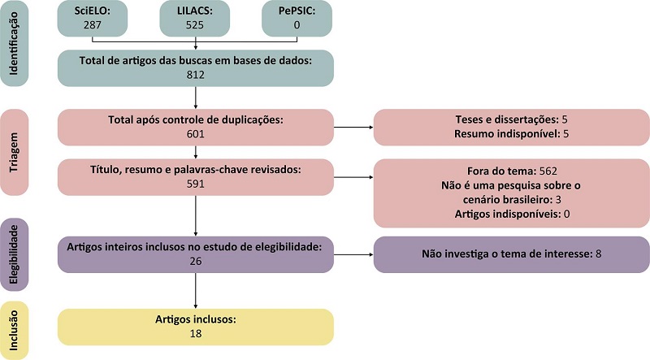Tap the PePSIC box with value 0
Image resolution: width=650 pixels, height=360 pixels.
pyautogui.click(x=297, y=19)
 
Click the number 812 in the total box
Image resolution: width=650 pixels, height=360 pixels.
pyautogui.click(x=196, y=75)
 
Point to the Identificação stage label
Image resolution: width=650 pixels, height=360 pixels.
pyautogui.click(x=15, y=44)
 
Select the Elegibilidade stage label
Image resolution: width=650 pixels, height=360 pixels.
pyautogui.click(x=15, y=254)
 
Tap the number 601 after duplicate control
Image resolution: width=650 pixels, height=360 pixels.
pyautogui.click(x=196, y=134)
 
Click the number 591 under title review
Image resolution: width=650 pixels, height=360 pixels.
pyautogui.click(x=196, y=184)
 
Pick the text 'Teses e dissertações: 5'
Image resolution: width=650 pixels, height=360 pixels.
pyautogui.click(x=510, y=119)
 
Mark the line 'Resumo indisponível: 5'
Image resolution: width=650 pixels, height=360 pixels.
pyautogui.click(x=510, y=134)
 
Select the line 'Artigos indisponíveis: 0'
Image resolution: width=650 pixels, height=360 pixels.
pyautogui.click(x=510, y=214)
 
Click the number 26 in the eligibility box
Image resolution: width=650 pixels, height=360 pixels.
pyautogui.click(x=196, y=262)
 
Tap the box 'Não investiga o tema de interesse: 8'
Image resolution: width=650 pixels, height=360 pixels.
pyautogui.click(x=510, y=254)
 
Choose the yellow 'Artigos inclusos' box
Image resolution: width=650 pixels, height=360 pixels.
pyautogui.click(x=196, y=327)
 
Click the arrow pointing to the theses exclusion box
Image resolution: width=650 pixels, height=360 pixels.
pyautogui.click(x=353, y=127)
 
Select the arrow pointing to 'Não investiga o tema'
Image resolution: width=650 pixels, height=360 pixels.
pyautogui.click(x=353, y=254)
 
